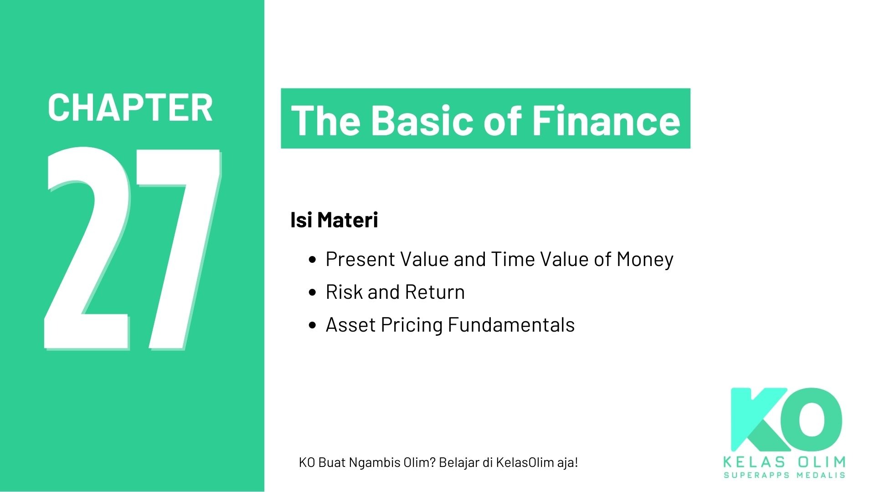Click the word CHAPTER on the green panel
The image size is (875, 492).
click(130, 108)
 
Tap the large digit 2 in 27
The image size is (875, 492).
click(87, 248)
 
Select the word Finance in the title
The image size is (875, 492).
click(606, 120)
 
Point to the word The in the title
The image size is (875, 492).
click(326, 120)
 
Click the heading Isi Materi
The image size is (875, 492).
click(334, 220)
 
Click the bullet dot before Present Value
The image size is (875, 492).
click(312, 260)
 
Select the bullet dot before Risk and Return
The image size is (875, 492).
click(312, 292)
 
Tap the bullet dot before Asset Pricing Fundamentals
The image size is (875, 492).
click(312, 325)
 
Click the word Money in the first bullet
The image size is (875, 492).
click(645, 260)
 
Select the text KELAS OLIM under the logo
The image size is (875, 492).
click(784, 462)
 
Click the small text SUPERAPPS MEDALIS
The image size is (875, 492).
click(784, 476)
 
